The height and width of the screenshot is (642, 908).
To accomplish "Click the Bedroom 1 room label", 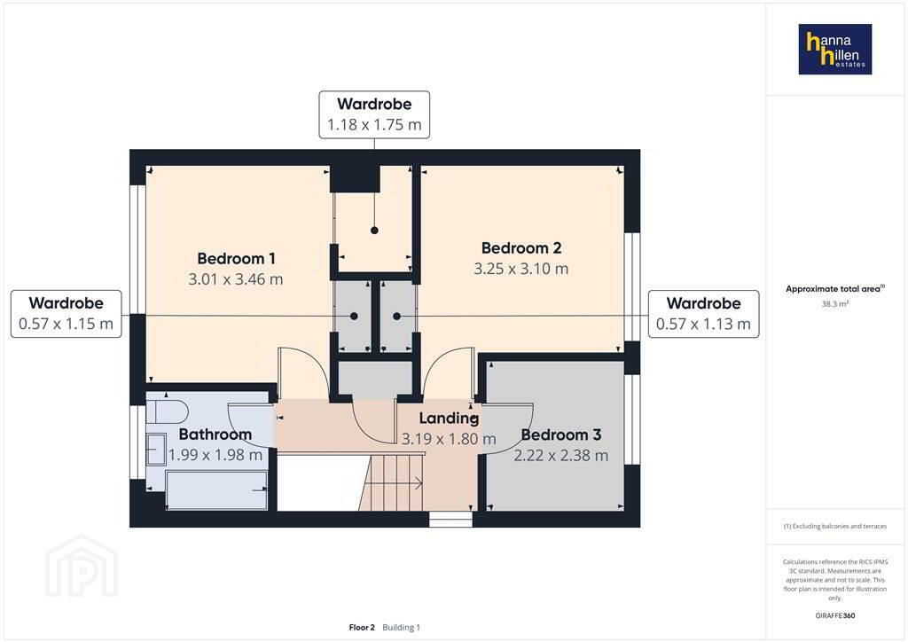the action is tap(236, 258).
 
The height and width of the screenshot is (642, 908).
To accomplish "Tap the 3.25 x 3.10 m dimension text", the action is tap(521, 269).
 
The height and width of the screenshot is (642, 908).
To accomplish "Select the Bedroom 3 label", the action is tap(561, 435).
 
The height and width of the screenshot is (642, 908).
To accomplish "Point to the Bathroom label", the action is tap(215, 435).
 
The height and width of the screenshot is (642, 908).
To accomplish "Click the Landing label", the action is tap(449, 418).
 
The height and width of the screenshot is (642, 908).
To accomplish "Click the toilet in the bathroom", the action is tap(168, 412).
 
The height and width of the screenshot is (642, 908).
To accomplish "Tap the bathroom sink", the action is tap(156, 450).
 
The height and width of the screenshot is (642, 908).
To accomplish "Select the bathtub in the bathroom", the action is tap(216, 489).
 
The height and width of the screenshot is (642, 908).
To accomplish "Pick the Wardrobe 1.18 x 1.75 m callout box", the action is tap(374, 114).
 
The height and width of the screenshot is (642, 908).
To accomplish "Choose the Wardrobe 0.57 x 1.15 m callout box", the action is tap(66, 314).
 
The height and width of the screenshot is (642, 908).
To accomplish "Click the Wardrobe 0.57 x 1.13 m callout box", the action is tap(703, 314).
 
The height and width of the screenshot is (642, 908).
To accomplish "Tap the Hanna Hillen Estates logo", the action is tap(835, 49).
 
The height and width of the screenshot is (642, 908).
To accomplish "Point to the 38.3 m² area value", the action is tap(835, 304).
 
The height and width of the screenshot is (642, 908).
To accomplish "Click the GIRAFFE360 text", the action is tap(835, 615).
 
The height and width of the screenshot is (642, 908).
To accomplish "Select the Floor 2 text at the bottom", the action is tap(362, 628).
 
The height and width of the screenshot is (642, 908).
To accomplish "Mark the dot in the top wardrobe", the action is tap(375, 231).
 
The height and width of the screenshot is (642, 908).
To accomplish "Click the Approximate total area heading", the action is tap(835, 288).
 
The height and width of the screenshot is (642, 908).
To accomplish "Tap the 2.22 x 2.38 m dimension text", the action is tap(561, 456).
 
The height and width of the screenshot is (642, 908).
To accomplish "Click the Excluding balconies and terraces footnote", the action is tap(835, 526).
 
